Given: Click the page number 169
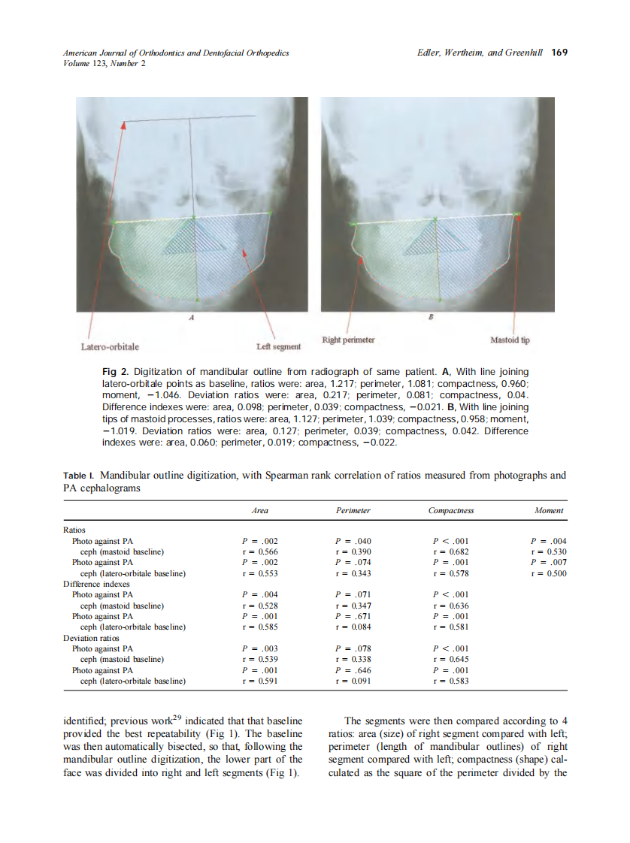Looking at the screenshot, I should [559, 53].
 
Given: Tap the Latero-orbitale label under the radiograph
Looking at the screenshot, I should [110, 347].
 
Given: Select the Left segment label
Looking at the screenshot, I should [278, 347].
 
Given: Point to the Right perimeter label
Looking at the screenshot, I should [348, 340].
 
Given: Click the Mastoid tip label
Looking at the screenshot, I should [510, 340].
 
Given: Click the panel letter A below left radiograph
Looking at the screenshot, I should [192, 318].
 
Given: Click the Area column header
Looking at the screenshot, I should [259, 510].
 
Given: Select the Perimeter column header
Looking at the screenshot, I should [353, 510].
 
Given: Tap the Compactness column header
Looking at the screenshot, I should [450, 510].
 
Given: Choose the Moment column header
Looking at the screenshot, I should [549, 510].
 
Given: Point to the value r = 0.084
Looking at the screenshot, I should [353, 627].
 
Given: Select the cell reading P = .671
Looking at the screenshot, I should [353, 616].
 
